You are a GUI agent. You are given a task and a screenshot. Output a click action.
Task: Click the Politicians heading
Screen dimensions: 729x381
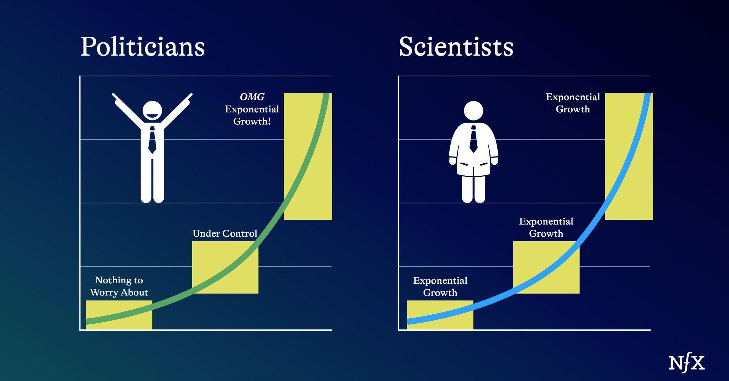tap(143, 46)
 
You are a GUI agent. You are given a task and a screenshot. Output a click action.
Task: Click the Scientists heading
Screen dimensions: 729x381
tap(456, 46)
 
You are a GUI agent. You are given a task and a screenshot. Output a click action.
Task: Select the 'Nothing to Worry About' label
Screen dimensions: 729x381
tap(119, 286)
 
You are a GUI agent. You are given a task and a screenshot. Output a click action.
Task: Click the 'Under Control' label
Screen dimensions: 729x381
tap(225, 233)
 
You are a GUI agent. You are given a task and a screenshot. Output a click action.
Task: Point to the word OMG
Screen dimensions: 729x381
tap(252, 97)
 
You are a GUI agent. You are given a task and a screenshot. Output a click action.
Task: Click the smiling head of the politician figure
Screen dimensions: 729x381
tap(152, 110)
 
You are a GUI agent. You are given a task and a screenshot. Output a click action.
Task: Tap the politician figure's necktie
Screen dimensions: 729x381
tap(152, 140)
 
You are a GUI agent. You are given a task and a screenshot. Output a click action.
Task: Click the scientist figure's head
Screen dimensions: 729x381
tap(473, 110)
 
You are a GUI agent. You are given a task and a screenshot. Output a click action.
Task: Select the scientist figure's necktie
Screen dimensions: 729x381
tap(473, 139)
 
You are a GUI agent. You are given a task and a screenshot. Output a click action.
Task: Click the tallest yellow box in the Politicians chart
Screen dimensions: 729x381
tap(308, 156)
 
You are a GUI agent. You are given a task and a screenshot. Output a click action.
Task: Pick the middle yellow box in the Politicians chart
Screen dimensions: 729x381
tap(225, 267)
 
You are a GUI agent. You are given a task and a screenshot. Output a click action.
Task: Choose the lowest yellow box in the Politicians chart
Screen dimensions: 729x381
tap(119, 315)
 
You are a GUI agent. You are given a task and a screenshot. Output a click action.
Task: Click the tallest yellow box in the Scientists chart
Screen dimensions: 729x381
tap(629, 156)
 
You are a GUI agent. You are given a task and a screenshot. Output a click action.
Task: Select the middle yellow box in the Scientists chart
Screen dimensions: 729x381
tap(546, 267)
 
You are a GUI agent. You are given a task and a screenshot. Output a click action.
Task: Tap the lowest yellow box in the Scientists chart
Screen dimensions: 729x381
tap(440, 315)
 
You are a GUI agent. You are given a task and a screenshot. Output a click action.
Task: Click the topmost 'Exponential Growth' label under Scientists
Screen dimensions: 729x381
tap(573, 103)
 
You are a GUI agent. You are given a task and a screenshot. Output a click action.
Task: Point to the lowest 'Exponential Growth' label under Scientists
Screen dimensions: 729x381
tap(440, 287)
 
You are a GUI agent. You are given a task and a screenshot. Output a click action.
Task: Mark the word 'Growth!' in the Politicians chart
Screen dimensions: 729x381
tap(252, 121)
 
